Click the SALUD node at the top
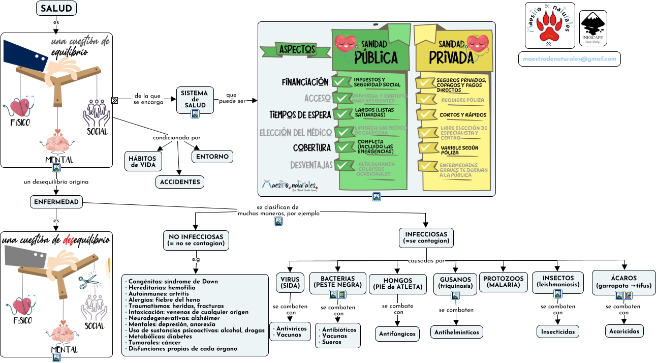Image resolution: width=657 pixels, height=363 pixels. [x=56, y=8]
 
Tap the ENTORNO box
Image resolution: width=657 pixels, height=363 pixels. [x=212, y=157]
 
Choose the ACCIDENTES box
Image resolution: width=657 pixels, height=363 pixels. [x=180, y=182]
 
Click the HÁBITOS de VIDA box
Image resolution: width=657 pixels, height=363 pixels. [x=143, y=161]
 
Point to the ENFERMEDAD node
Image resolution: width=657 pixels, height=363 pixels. [x=56, y=202]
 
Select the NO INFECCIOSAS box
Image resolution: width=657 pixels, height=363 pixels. [x=196, y=240]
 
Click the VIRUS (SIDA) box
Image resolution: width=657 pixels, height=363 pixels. [x=290, y=283]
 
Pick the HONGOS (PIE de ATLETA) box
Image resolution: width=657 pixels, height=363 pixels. [x=398, y=283]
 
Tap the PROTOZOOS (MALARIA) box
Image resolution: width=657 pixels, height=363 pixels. [x=503, y=282]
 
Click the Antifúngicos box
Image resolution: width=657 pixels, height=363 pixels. [x=398, y=334]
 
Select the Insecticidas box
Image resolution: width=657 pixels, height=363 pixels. [x=558, y=331]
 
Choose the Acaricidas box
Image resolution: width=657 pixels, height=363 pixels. [x=624, y=331]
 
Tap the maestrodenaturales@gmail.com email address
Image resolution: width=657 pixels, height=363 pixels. [x=569, y=59]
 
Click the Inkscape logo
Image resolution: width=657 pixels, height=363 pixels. [x=593, y=28]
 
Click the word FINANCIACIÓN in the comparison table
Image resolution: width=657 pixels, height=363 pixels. [x=305, y=82]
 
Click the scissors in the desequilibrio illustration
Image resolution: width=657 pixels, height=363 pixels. [x=89, y=281]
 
